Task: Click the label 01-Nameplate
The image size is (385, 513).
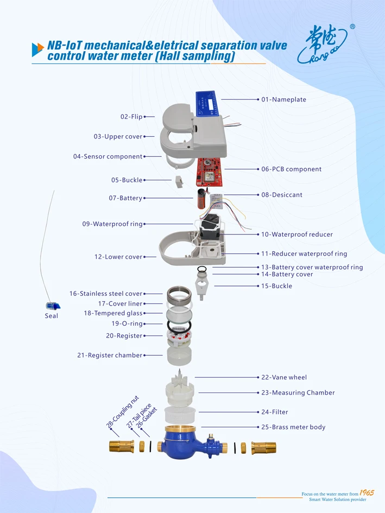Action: coord(283,100)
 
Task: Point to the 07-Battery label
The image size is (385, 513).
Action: coord(125,199)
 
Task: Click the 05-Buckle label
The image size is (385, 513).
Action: coord(127,180)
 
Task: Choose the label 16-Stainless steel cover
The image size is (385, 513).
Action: coord(105,294)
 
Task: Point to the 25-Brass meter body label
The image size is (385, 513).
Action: coord(293,427)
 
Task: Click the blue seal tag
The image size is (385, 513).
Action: coord(52,306)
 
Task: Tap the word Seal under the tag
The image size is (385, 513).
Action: coord(52,316)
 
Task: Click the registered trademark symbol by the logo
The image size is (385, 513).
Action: coord(352,26)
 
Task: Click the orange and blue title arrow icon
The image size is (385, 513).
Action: coord(37,49)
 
